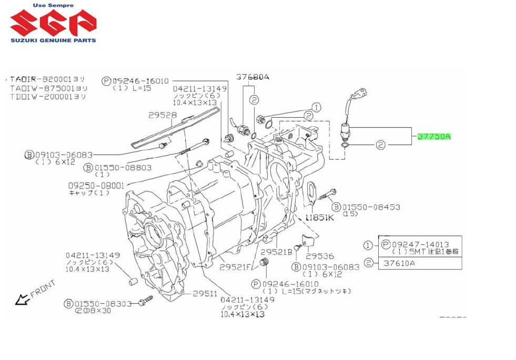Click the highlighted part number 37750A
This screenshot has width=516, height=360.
[x=434, y=137]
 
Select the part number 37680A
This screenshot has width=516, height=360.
[x=252, y=77]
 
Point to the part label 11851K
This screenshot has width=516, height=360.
[x=318, y=218]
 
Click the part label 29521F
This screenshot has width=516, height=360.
[x=236, y=267]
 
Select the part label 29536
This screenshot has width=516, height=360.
[x=320, y=256]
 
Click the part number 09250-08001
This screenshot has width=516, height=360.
[x=96, y=186]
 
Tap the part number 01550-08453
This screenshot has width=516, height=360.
[x=371, y=207]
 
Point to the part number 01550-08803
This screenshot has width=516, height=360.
[x=123, y=168]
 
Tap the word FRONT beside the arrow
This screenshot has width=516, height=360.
[x=42, y=290]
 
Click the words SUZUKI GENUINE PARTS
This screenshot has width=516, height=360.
[x=53, y=40]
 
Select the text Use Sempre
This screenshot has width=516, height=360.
[x=53, y=5]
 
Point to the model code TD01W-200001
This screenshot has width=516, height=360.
[x=48, y=97]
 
